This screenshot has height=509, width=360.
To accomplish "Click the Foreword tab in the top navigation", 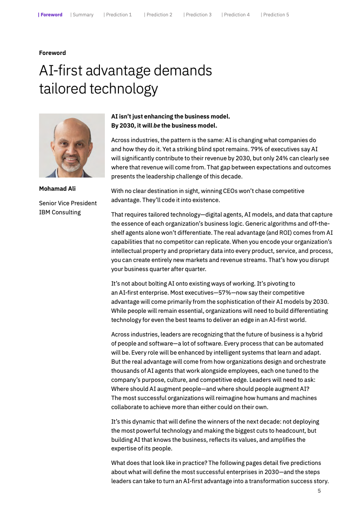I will (51, 15).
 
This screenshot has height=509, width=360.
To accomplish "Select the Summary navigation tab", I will (83, 15).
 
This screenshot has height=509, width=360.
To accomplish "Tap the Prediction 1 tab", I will (118, 15).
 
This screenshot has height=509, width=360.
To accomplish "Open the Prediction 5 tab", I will (276, 15).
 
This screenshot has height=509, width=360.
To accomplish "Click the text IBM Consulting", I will (60, 212).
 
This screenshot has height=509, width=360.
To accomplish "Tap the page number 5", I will (319, 491).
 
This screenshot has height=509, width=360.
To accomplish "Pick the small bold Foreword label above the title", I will (52, 53).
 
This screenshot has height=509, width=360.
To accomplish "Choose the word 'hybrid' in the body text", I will (313, 334).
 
